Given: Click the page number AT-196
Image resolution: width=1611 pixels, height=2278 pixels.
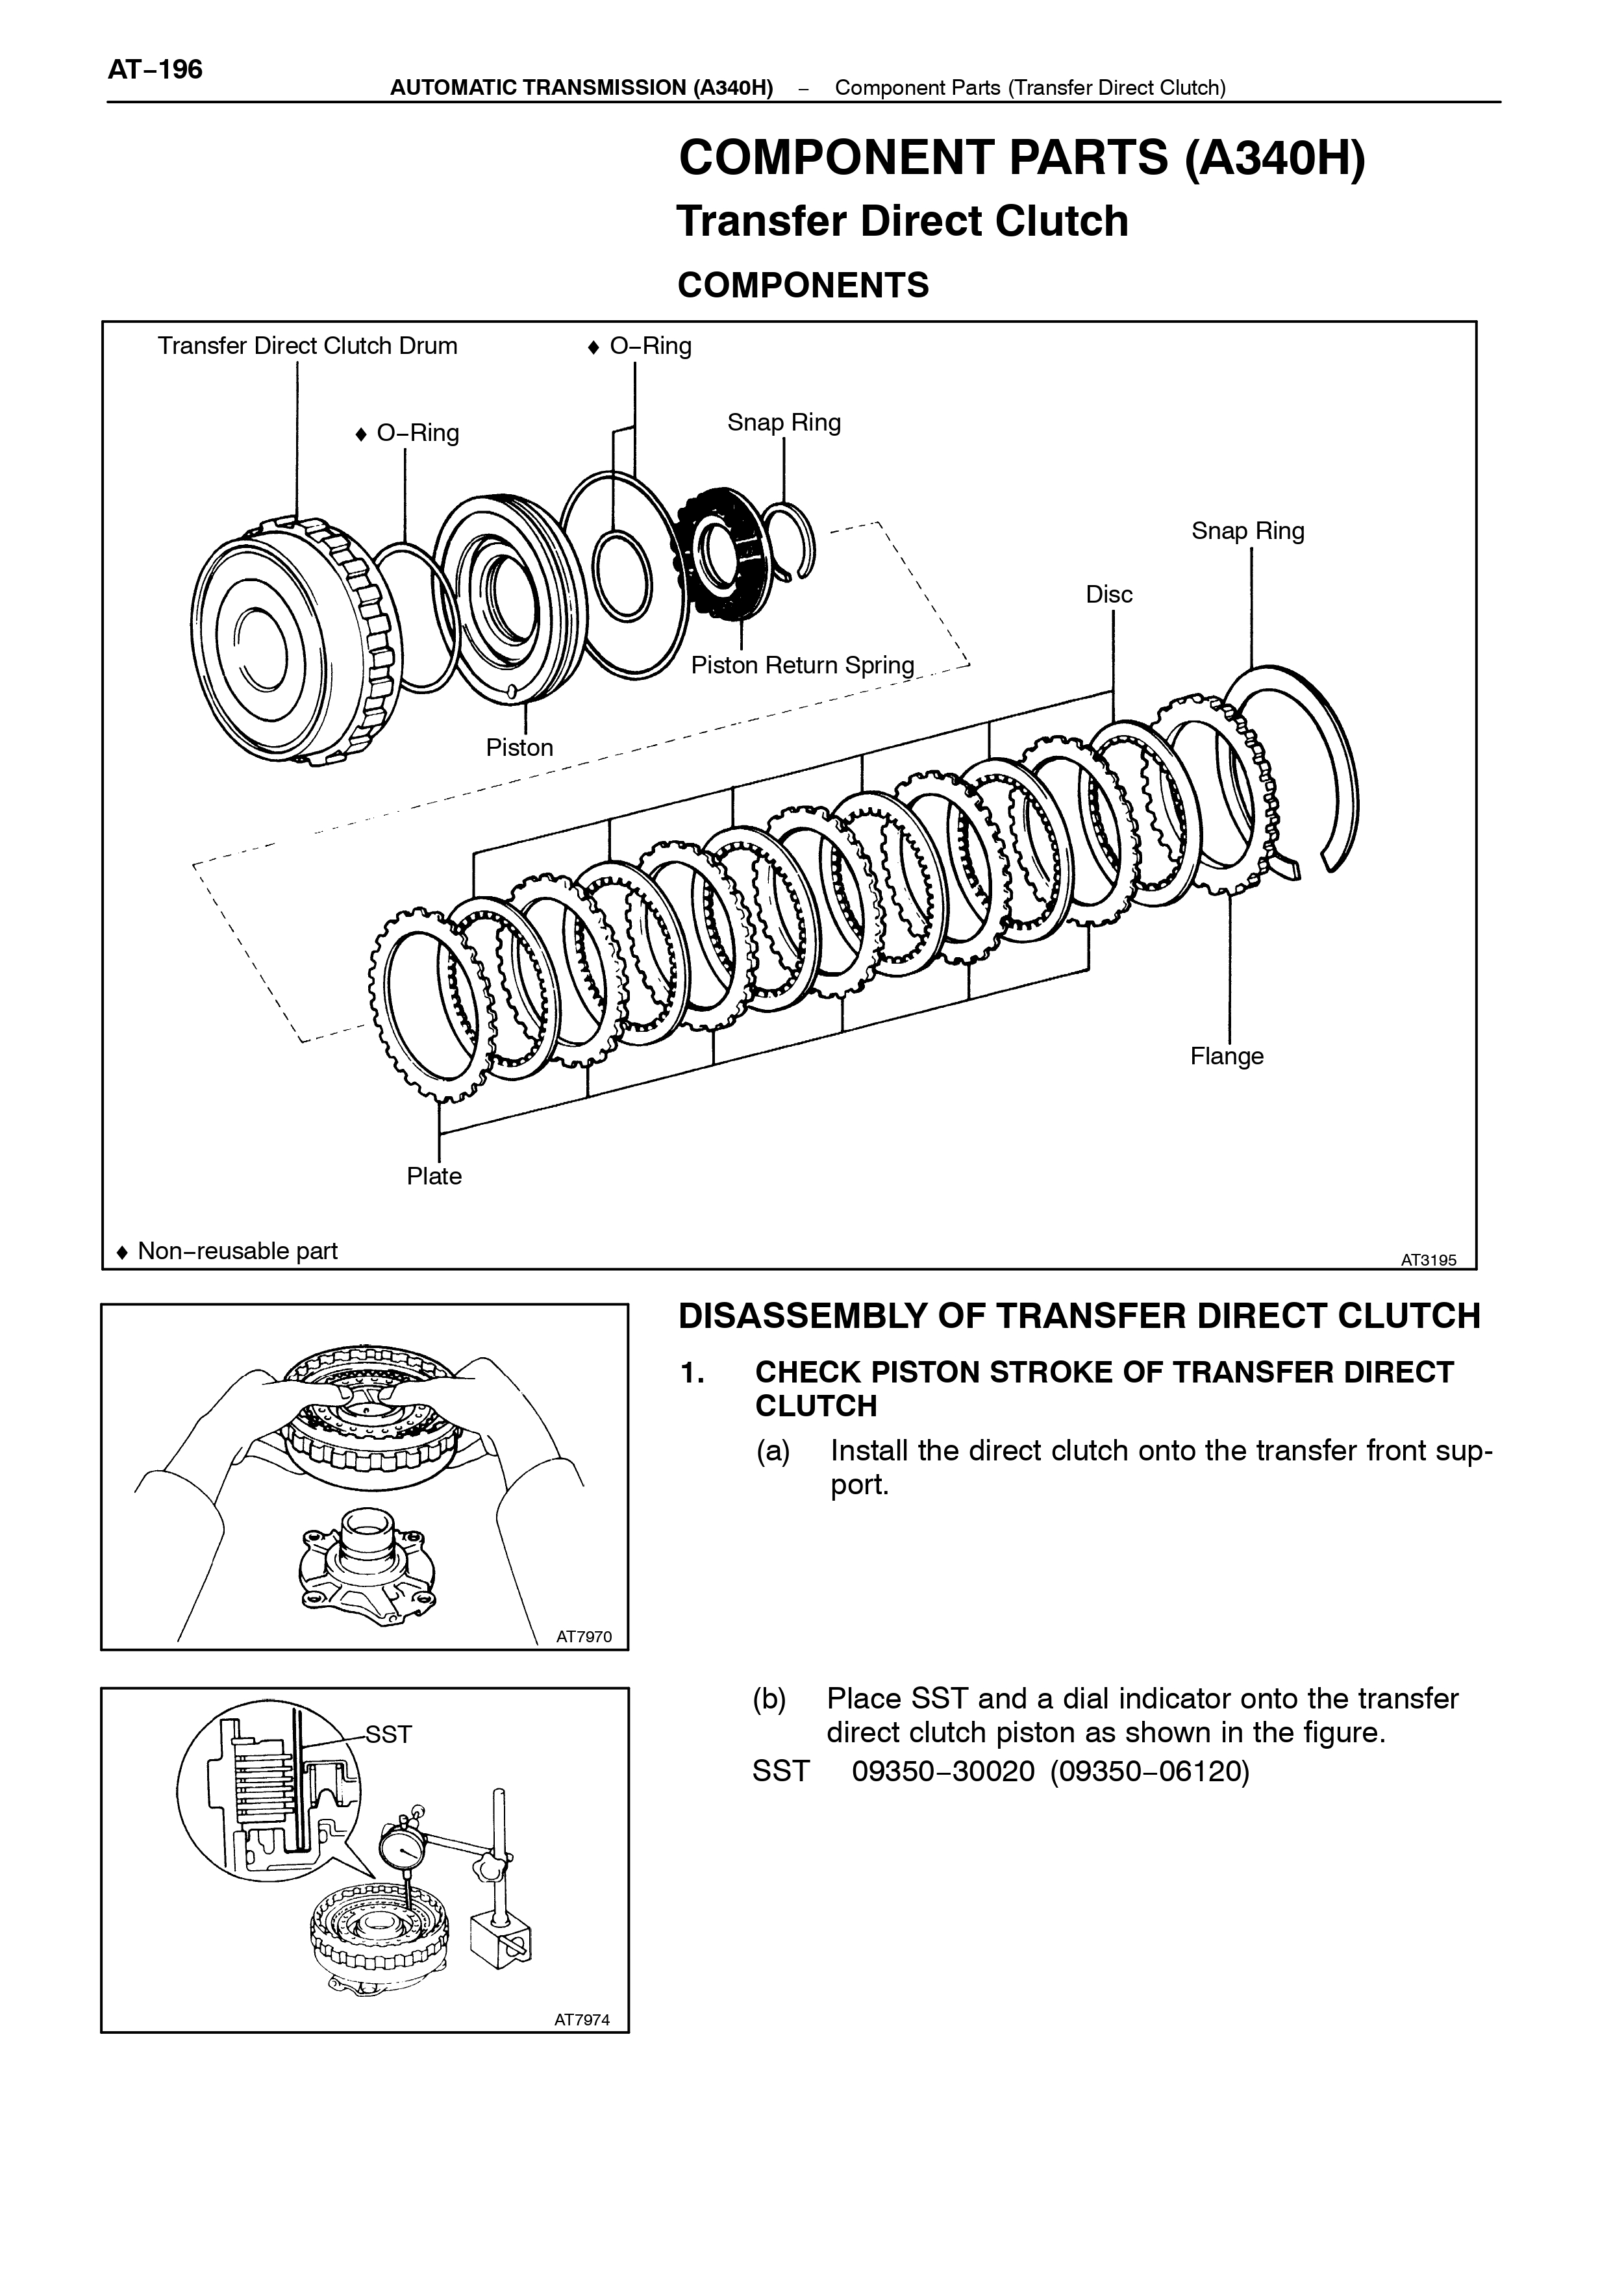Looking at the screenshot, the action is (x=155, y=69).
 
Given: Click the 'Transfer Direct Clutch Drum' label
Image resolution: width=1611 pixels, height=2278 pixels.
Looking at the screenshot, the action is (x=308, y=346).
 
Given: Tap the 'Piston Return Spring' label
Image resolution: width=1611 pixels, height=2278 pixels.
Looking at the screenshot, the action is (x=803, y=665).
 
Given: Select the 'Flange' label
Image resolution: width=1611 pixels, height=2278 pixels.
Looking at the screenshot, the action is (x=1227, y=1057).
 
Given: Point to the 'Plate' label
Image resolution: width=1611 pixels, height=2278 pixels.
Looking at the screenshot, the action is (x=434, y=1176).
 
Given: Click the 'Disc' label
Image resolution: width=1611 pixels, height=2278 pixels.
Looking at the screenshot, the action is (x=1109, y=594).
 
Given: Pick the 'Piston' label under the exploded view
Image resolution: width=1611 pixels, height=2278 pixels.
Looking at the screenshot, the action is (x=520, y=747).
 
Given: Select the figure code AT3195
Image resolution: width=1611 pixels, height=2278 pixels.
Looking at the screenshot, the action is (x=1429, y=1260).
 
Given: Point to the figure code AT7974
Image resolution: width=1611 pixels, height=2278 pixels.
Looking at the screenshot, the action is (x=582, y=2019).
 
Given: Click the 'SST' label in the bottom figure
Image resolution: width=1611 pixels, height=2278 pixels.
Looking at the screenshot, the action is (x=389, y=1734).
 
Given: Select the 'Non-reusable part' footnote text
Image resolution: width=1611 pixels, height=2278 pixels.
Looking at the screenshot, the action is (x=238, y=1251).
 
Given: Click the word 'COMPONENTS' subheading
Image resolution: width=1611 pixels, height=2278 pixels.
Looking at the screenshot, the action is (x=803, y=286).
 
